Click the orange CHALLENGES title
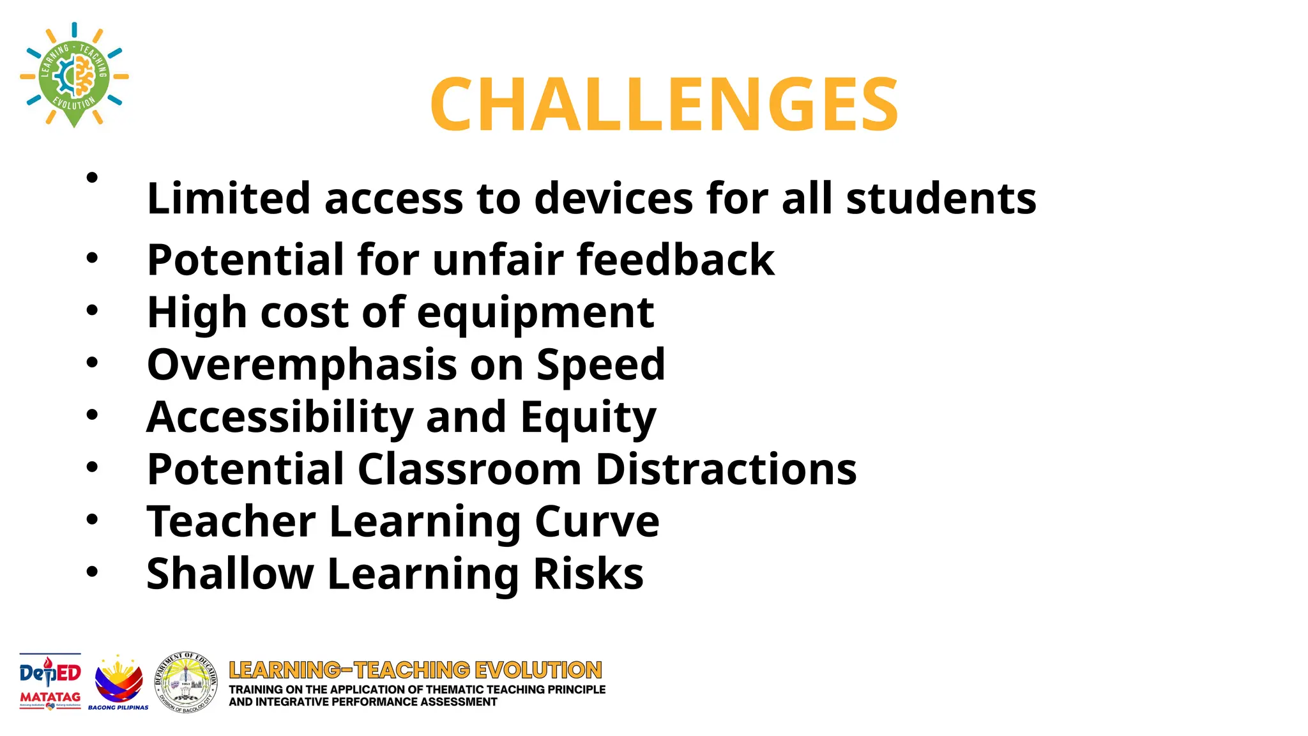[664, 103]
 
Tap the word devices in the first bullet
[613, 198]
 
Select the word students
[941, 198]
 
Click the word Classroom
[469, 469]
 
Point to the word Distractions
[726, 469]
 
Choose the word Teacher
[231, 521]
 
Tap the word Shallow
[230, 573]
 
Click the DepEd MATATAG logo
[50, 681]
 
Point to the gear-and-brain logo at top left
[74, 75]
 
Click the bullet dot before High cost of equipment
[93, 311]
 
